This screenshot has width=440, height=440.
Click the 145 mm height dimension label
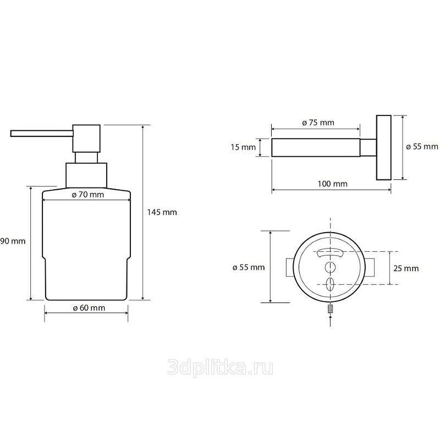click(162, 212)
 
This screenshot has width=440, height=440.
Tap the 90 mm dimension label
click(13, 241)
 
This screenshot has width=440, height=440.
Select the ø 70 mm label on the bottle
click(88, 195)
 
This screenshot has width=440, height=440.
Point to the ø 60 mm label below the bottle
click(89, 308)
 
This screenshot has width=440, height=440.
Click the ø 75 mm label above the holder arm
click(318, 123)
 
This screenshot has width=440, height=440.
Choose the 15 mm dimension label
click(243, 147)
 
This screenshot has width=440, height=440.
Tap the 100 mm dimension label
click(333, 184)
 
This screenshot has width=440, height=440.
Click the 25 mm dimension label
click(406, 268)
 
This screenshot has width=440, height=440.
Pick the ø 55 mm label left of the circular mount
click(249, 267)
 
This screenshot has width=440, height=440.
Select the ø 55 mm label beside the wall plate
click(422, 146)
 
